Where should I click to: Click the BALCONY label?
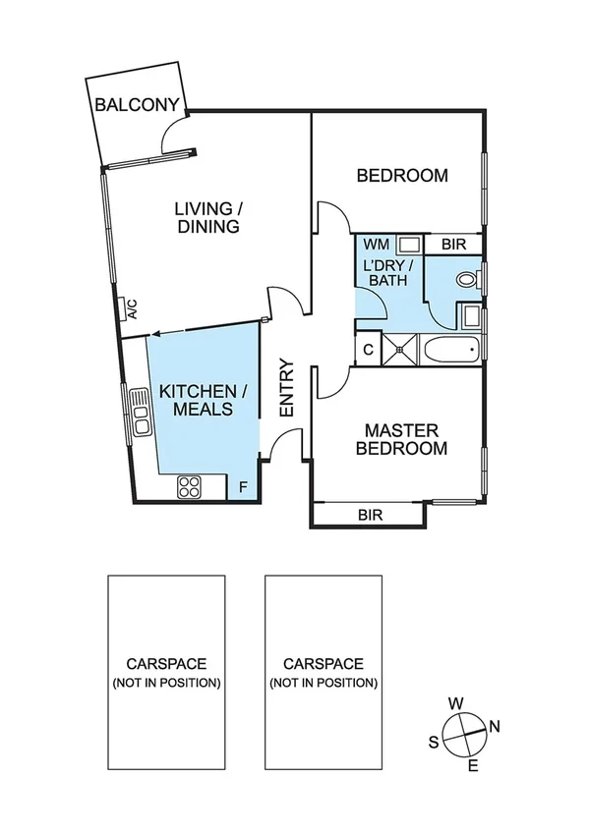coord(137,105)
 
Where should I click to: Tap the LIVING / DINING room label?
coord(207,217)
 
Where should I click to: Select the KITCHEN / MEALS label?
coord(197,400)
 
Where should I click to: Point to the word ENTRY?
coord(287,389)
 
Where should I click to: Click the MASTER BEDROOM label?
coord(405,439)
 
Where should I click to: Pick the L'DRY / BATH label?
coord(389,273)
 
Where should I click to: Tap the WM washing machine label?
coord(376,244)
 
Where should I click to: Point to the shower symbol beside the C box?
coord(400,348)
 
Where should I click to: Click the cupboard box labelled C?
coord(368,349)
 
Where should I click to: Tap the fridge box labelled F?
coord(243,486)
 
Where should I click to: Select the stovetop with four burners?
coord(189,485)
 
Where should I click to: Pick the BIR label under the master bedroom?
coord(370,514)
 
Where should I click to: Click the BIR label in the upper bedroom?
coord(453,244)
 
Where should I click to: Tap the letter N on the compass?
coord(495,727)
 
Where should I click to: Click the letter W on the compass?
coord(455,703)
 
